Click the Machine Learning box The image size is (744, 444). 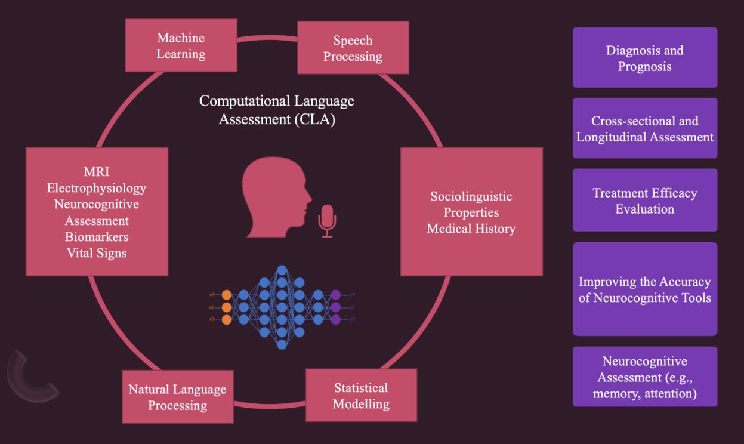coord(181,46)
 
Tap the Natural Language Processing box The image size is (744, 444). coord(177,397)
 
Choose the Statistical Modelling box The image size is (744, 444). coord(360,396)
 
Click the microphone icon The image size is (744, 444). coord(326,219)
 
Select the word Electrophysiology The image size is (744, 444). coord(96,189)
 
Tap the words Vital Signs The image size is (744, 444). coord(96,253)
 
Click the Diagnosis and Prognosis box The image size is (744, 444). coord(644,58)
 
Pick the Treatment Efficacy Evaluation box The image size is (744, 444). coord(644,201)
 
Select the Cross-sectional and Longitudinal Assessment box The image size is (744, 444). coord(644,128)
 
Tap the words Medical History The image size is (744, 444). coord(471,229)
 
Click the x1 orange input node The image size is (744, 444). coord(226,295)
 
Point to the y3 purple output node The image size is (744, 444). coord(336,320)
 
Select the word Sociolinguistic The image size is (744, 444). coord(471,196)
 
